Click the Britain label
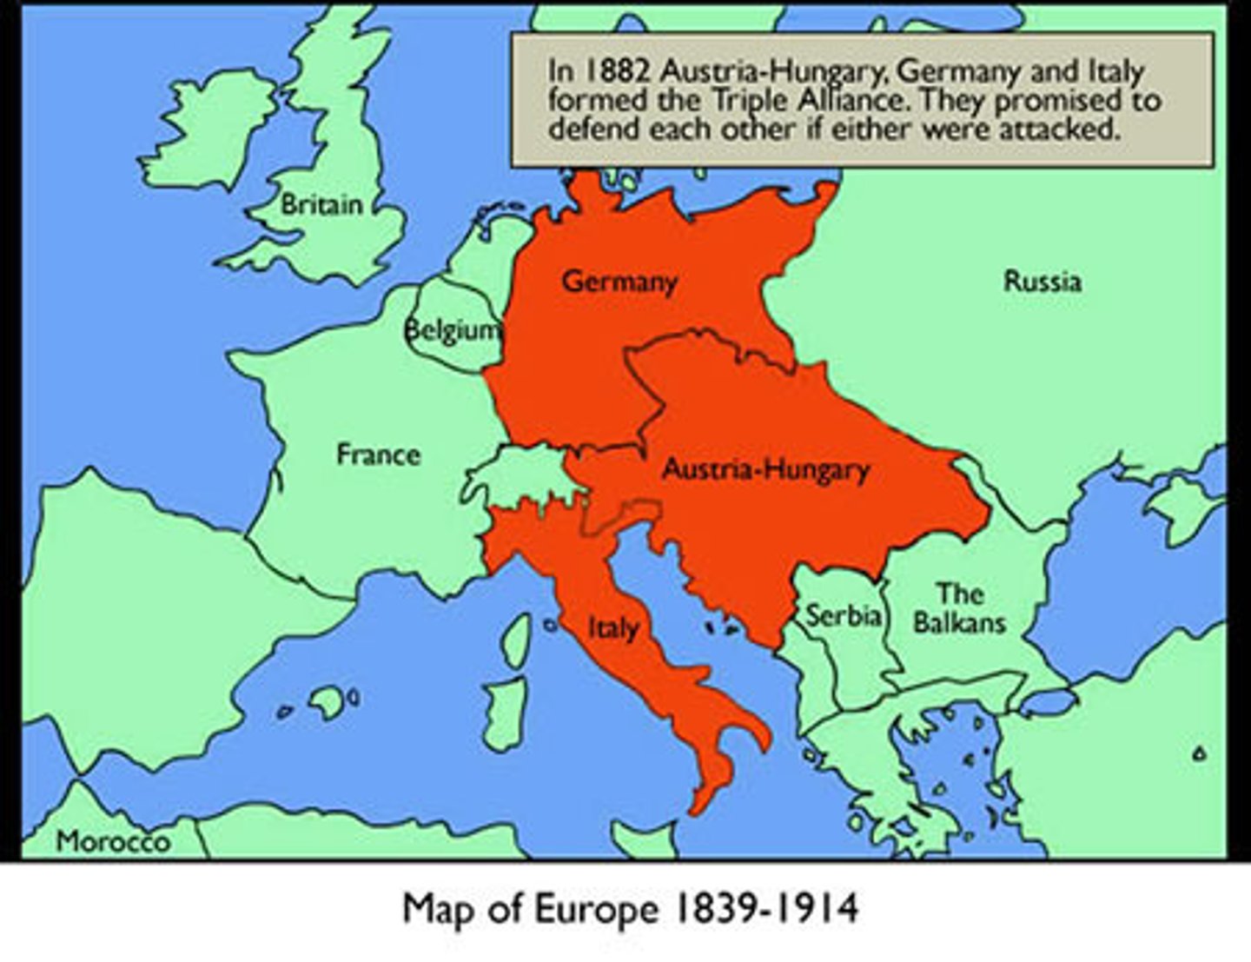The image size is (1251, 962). [321, 205]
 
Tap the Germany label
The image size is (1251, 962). [619, 282]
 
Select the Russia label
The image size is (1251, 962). [1042, 281]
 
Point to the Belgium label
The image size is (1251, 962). [453, 330]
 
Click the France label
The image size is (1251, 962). [378, 454]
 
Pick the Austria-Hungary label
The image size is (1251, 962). [765, 469]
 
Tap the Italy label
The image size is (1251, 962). [613, 627]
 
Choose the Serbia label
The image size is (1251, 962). [844, 615]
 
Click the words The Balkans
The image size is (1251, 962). [959, 608]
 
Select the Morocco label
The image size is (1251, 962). [113, 841]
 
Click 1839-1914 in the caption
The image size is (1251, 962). [764, 909]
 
